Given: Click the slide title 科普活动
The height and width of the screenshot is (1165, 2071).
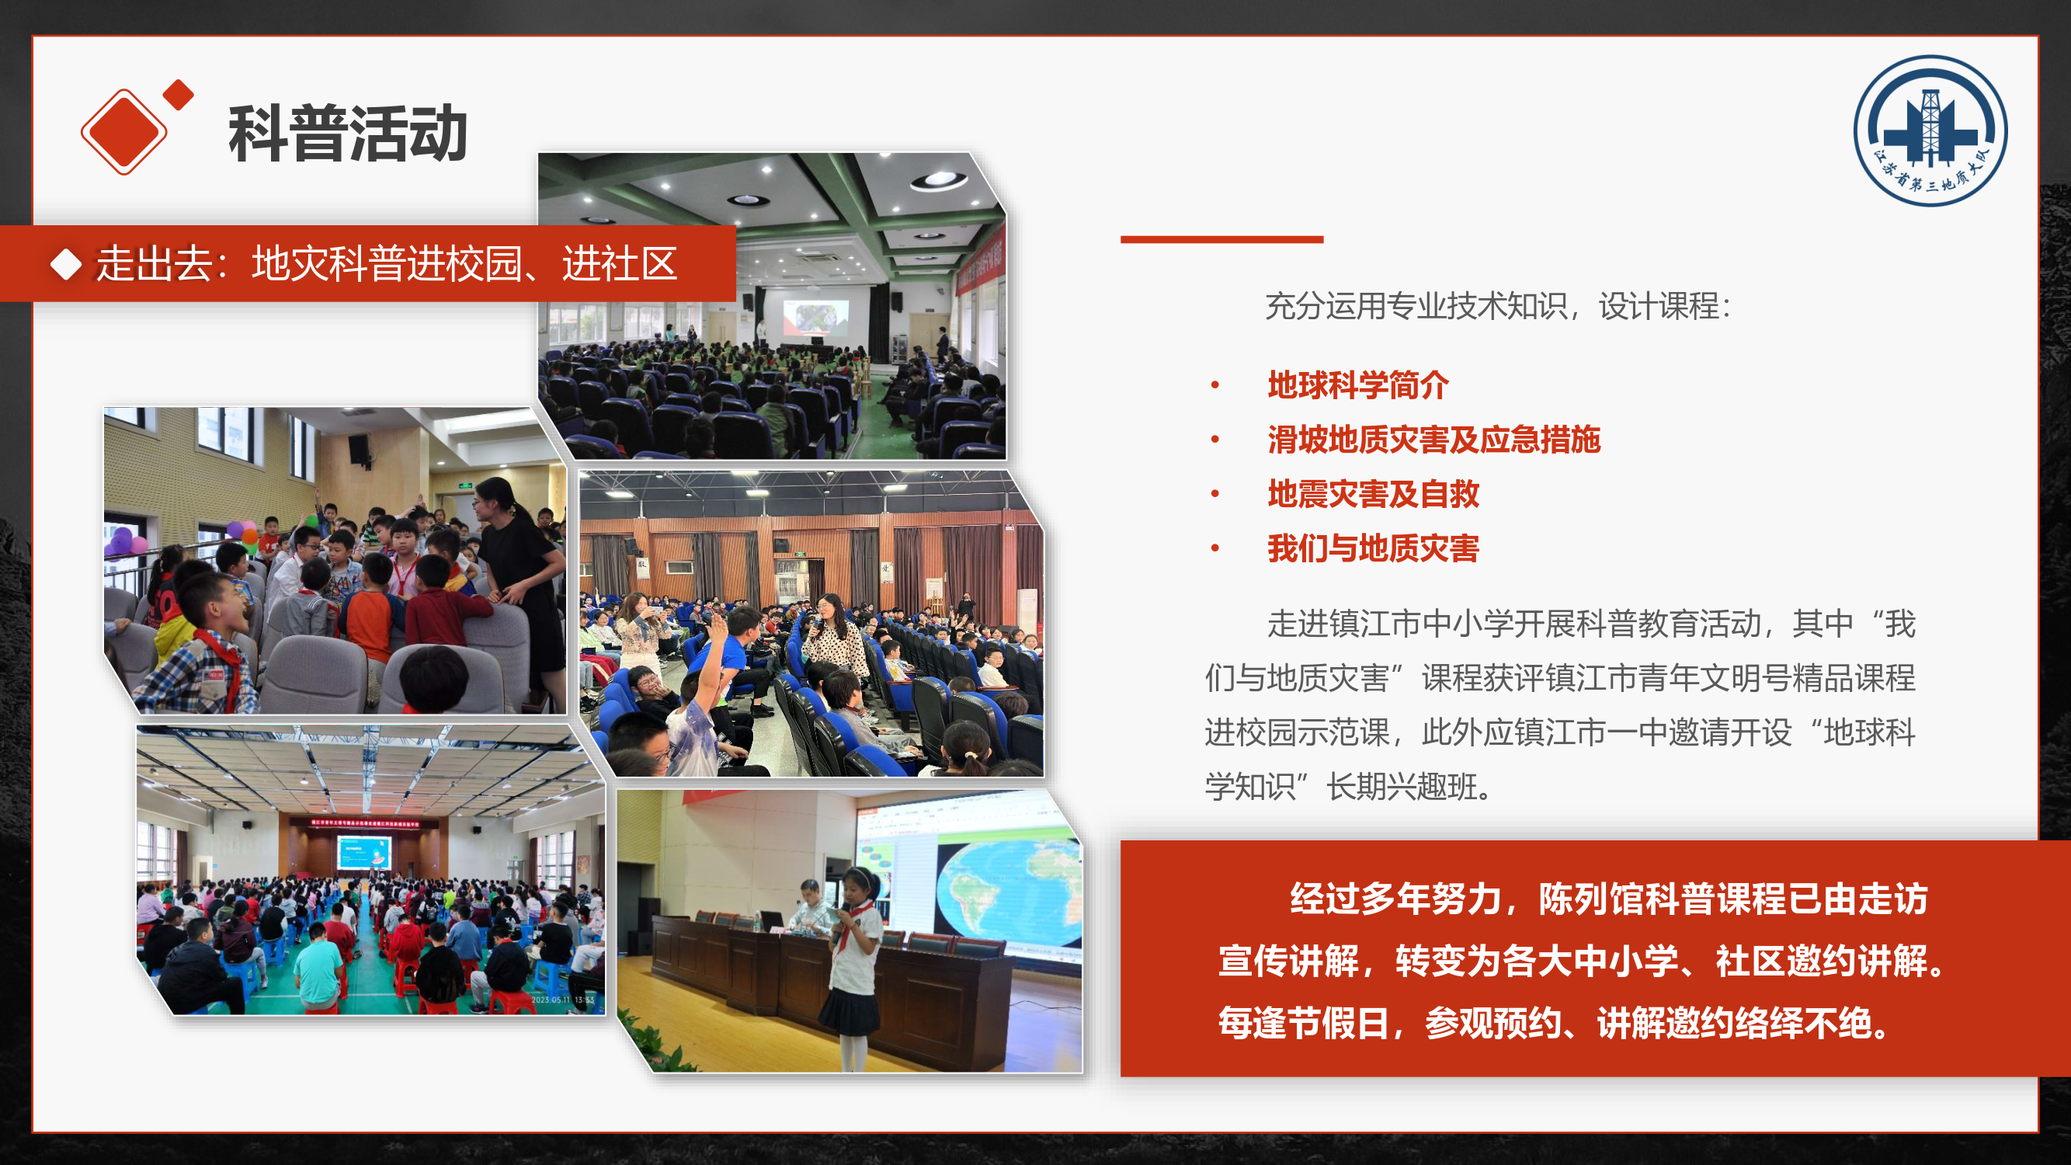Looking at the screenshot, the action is point(347,134).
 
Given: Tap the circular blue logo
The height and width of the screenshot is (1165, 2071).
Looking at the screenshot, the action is point(1930,130).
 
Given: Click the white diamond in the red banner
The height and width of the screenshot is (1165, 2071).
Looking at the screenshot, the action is point(66,265).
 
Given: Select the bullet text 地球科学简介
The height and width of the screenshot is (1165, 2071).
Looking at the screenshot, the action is point(1358,385).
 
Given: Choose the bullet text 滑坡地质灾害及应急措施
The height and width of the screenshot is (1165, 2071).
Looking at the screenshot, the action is point(1433,440).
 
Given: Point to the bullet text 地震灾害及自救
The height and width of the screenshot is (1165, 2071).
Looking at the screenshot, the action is point(1373,494).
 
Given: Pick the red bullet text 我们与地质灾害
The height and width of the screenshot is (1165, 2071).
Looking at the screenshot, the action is point(1373,548).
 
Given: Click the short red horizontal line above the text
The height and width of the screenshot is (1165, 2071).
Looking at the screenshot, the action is point(1221,238).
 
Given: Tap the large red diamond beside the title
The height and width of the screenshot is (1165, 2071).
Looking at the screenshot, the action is point(123,131).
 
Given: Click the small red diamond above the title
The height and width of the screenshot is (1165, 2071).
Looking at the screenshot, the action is point(179,94).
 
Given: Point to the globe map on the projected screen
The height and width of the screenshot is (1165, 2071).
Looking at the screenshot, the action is point(1009,891).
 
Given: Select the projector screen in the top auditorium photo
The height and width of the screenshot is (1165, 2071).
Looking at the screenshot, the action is point(815,317).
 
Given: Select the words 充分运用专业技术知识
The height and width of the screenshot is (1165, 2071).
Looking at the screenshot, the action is point(1416,306).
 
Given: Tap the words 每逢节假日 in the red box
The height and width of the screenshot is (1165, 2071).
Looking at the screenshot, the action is point(1302,1023).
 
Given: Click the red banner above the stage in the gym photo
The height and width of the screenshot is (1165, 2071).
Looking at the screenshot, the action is point(365,822).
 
